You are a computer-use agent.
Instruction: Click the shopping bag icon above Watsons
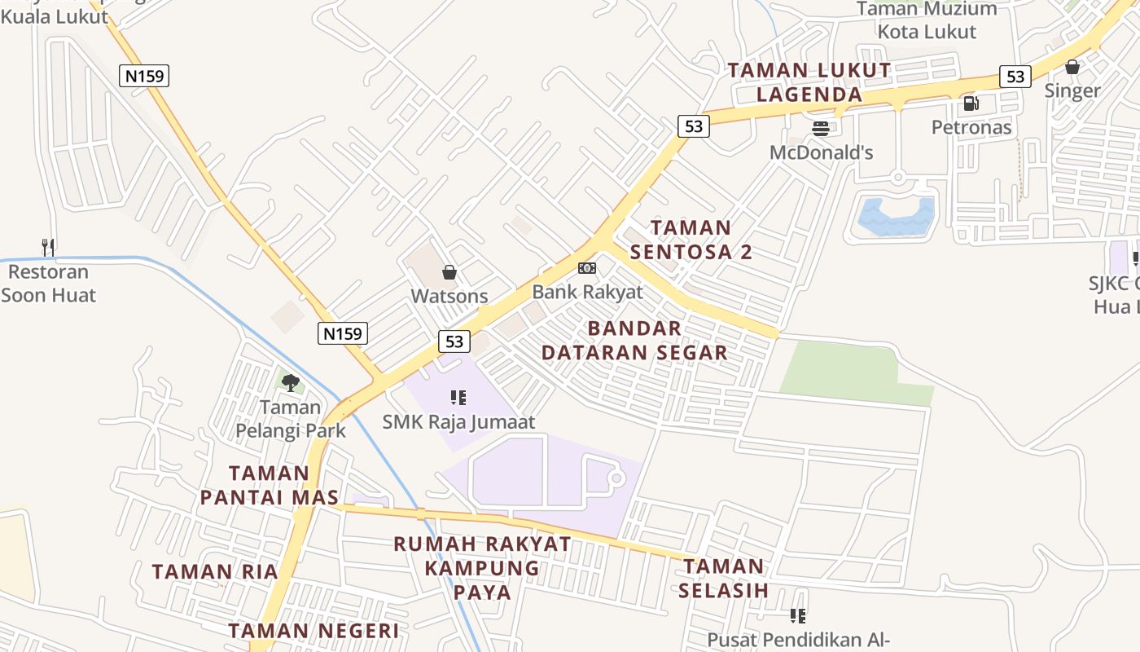pos(449,272)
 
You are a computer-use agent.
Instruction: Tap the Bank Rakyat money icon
pos(586,268)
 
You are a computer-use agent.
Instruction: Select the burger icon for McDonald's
pos(821,129)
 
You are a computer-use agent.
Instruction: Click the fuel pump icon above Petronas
pos(971,104)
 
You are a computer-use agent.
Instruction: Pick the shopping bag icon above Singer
pos(1072,67)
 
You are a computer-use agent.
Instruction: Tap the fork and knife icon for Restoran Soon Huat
pos(48,247)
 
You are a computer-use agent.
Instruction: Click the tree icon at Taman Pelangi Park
pos(290,382)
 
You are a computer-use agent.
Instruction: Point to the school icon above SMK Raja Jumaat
pos(458,398)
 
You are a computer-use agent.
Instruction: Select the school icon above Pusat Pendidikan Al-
pos(798,616)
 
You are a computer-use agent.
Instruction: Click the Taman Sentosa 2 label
pos(691,240)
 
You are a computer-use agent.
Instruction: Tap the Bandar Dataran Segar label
pos(634,341)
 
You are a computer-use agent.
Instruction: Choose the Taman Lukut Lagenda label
pos(809,82)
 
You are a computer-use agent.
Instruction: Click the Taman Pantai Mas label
pos(269,485)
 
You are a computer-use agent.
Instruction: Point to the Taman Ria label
pos(215,571)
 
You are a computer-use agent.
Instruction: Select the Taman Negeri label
pos(313,631)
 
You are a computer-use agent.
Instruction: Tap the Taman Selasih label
pos(724,578)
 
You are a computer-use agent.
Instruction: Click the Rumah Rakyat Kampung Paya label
pos(482,568)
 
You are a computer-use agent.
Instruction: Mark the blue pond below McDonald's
pos(896,215)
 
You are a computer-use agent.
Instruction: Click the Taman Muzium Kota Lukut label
pos(927,20)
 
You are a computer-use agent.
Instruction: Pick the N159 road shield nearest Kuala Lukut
pos(144,77)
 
